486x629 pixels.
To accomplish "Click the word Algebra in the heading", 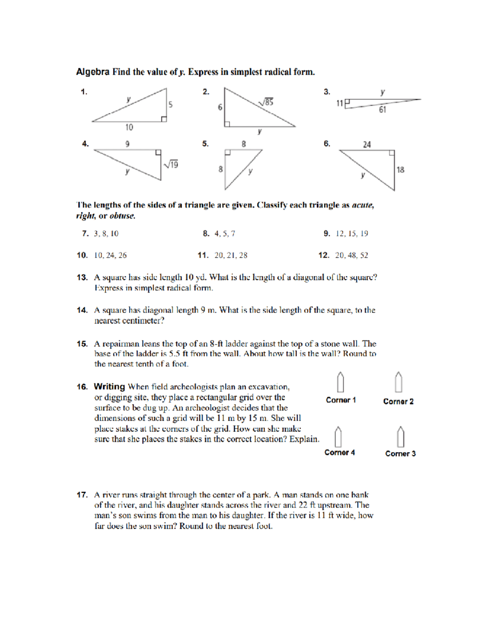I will [93, 72].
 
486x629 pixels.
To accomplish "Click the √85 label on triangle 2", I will [266, 102].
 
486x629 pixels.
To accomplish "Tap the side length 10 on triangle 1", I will [129, 127].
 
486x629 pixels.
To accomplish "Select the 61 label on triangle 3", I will [382, 110].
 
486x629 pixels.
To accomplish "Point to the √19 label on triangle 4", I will [171, 164].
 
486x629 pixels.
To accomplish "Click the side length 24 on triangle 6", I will [367, 145].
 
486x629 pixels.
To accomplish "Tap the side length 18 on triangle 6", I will [400, 170].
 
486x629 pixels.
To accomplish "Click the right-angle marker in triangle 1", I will [164, 119].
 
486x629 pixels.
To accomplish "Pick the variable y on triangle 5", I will [250, 171].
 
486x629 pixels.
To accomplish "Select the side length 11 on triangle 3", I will [339, 103].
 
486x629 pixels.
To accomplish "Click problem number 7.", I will [85, 234].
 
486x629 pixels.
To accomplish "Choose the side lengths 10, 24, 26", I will [110, 255].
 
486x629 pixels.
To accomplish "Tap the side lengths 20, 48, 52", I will [352, 255].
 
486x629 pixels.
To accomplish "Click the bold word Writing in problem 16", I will [109, 386].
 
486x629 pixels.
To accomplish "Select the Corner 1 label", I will [341, 400].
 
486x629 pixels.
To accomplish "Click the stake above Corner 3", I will [400, 437].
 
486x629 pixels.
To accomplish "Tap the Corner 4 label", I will [339, 452].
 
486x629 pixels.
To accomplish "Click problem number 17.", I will [82, 495].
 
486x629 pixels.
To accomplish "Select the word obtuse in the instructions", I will [122, 216].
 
